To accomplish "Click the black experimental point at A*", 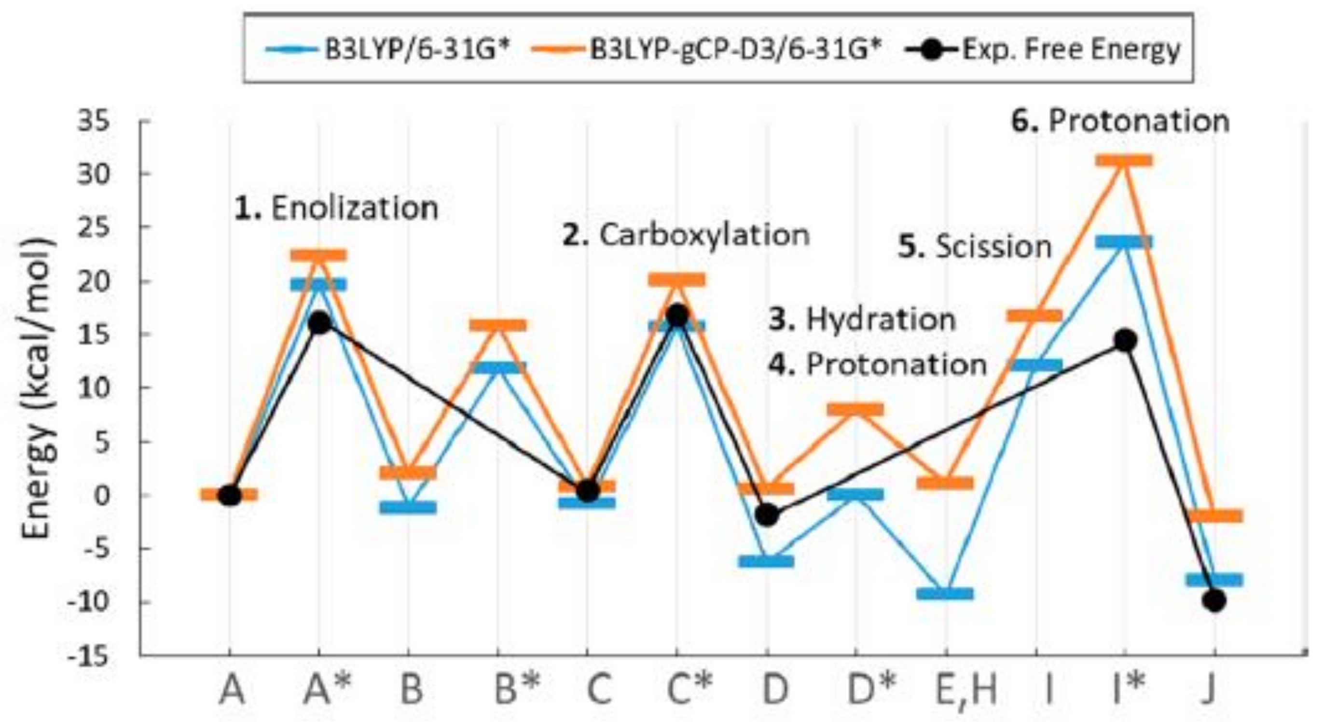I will (x=319, y=323).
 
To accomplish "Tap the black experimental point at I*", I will (x=1125, y=340).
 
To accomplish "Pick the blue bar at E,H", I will (x=945, y=594).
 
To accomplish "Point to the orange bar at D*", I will (x=856, y=409).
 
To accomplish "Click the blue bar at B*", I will (x=498, y=368).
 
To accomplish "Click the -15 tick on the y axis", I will (x=93, y=658).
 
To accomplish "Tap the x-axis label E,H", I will (x=965, y=690).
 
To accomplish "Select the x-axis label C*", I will (x=689, y=690).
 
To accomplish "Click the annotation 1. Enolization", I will (x=336, y=209).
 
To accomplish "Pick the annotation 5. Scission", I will (x=975, y=246).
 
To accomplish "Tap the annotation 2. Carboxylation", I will (x=686, y=236).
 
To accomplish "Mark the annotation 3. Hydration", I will (x=862, y=319).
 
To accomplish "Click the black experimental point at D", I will (x=766, y=515).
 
